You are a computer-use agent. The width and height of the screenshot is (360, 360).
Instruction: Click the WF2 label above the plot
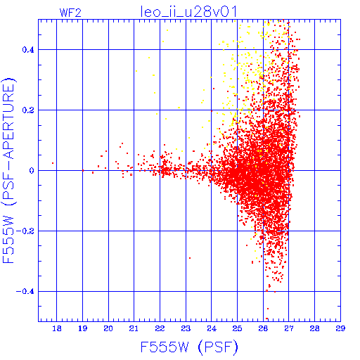[70, 13]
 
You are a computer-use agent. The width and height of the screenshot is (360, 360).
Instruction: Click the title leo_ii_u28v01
[188, 12]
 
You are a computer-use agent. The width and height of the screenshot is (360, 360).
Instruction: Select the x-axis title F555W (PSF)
[189, 347]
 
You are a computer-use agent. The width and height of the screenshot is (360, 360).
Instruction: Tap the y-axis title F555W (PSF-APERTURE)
[9, 171]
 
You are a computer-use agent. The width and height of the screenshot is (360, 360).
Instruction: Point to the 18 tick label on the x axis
[57, 328]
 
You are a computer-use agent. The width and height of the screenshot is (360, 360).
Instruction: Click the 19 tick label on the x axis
[82, 328]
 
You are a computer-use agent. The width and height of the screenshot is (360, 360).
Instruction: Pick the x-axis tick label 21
[134, 328]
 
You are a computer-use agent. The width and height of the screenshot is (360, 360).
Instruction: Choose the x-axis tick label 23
[186, 328]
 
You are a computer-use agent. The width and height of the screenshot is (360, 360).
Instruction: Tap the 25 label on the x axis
[237, 328]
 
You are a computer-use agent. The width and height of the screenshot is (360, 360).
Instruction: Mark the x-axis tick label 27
[289, 328]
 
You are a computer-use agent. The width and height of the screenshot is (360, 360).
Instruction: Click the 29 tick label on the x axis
[340, 328]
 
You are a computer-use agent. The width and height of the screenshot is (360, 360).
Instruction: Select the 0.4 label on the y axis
[28, 50]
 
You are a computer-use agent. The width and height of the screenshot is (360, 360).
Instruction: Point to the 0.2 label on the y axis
[28, 110]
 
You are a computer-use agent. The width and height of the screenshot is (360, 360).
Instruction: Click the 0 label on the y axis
[32, 170]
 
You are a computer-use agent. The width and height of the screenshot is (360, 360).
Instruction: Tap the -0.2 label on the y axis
[25, 231]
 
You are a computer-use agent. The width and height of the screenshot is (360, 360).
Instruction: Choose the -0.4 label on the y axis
[25, 292]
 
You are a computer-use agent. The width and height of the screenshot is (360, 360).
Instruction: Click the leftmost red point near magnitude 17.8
[53, 163]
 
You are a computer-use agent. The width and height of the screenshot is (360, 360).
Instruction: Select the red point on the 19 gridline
[83, 170]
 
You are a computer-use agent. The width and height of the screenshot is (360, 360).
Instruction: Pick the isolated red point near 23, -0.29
[190, 258]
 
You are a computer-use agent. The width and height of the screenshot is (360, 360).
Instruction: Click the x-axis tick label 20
[108, 328]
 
